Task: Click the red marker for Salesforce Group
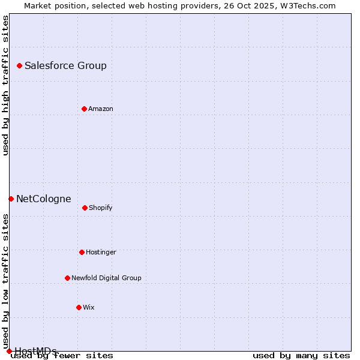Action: (19, 65)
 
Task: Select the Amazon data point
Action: (84, 109)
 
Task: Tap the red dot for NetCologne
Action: (11, 199)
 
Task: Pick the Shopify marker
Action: (85, 208)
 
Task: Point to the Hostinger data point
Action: (82, 252)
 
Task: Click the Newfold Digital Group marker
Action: (67, 278)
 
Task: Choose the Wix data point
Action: (79, 307)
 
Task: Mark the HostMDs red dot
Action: (9, 351)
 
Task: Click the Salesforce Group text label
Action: (65, 66)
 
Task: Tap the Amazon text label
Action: (100, 109)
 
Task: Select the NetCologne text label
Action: (43, 199)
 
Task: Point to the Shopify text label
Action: (100, 208)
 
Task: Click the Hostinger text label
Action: (101, 253)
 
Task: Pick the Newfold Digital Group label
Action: (106, 278)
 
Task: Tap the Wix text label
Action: (88, 308)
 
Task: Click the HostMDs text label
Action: (35, 351)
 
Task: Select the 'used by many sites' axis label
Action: (301, 356)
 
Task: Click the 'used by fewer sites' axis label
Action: (62, 356)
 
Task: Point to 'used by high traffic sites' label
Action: (5, 85)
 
